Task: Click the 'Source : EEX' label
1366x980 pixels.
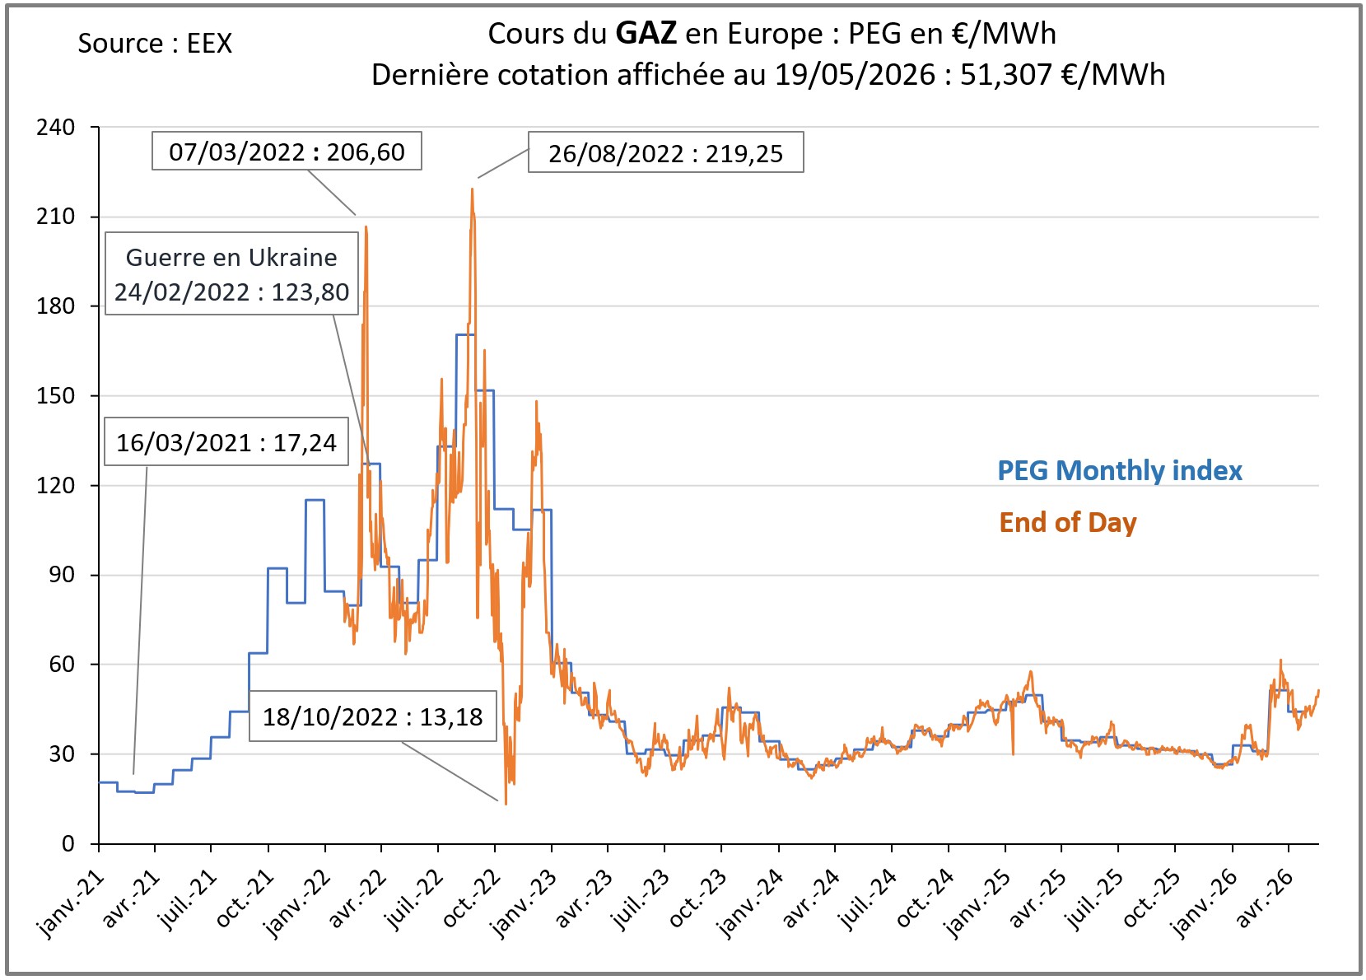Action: coord(155,44)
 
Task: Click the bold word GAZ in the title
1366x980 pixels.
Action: coord(646,33)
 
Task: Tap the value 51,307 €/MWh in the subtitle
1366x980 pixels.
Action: coord(1062,75)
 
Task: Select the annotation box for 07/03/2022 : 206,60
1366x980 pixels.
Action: coord(287,152)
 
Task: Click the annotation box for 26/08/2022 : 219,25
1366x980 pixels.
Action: coord(666,152)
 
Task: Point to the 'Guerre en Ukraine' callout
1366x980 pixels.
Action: coord(231,273)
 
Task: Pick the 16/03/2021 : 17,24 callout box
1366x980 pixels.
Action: coord(226,442)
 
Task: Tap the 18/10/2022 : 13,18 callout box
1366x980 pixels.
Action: coord(373,716)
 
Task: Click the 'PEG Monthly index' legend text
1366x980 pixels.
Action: coord(1120,471)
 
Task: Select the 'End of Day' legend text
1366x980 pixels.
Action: coord(1068,523)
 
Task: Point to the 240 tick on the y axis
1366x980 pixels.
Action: coord(55,128)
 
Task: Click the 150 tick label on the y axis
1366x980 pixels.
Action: coord(55,396)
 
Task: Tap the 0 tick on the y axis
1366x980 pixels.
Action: coord(68,844)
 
